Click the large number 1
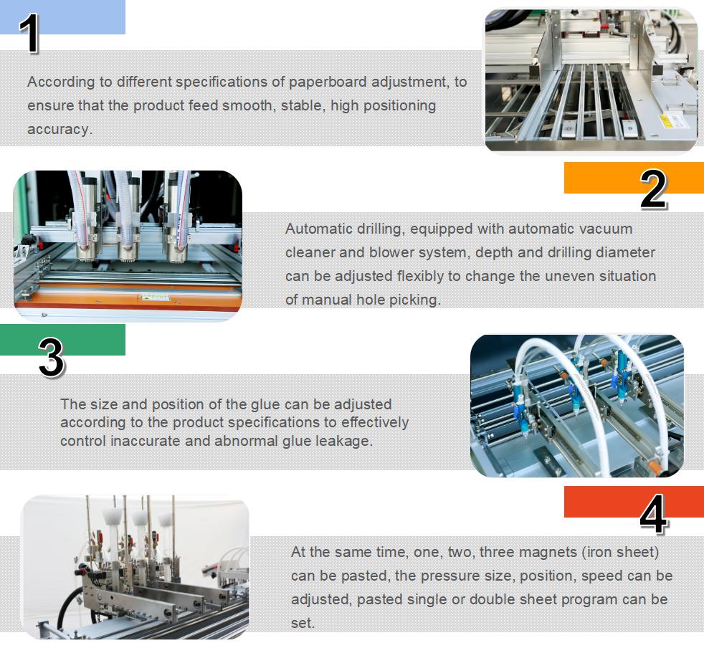click(29, 34)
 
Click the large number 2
click(653, 190)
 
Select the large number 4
click(652, 514)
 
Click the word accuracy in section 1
click(59, 129)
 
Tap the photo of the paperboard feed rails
click(591, 80)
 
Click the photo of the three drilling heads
click(128, 245)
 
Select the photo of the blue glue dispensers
click(576, 405)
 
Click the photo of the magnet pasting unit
click(135, 566)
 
